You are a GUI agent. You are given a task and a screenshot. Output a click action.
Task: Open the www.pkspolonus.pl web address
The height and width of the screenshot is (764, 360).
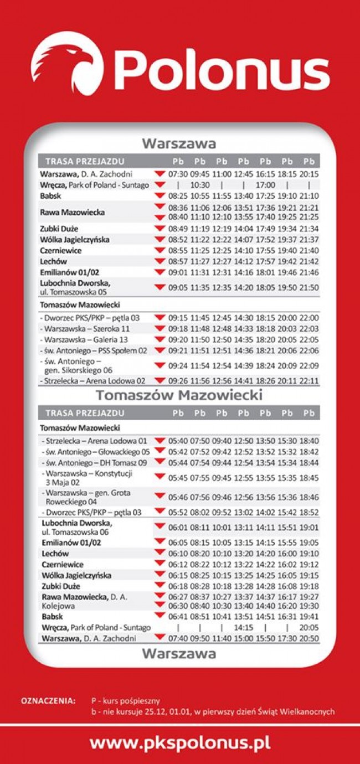point(180,742)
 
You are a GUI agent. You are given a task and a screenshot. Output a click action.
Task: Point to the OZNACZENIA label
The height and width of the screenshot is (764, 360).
point(48,701)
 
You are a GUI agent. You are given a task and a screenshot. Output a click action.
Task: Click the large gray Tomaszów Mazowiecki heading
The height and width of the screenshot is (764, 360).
point(179,395)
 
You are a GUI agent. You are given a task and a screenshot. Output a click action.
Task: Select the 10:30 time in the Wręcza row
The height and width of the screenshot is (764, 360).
point(200,185)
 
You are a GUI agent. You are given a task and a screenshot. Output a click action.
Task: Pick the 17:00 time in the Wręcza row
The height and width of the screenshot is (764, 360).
point(265,185)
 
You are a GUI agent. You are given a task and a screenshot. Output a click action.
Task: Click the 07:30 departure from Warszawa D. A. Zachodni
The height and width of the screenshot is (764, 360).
point(178,174)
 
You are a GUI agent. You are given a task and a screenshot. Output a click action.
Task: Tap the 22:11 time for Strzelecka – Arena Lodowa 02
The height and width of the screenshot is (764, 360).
point(309,380)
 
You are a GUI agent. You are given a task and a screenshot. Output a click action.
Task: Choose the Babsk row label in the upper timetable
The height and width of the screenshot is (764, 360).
point(50,196)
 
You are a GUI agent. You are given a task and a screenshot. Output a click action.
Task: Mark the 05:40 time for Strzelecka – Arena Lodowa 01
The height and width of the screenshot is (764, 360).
point(178,441)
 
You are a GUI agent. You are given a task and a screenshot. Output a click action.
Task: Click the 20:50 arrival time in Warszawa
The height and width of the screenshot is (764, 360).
point(309,638)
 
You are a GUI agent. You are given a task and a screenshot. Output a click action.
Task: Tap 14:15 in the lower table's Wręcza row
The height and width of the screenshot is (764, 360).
point(243,628)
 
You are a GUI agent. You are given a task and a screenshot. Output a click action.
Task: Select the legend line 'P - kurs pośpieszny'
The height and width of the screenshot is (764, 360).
point(126,701)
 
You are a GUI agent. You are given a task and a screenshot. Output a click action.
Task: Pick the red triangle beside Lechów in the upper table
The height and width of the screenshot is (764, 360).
point(160,261)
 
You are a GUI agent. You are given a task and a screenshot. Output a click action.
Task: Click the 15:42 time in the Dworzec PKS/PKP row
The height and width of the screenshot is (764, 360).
point(287,512)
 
